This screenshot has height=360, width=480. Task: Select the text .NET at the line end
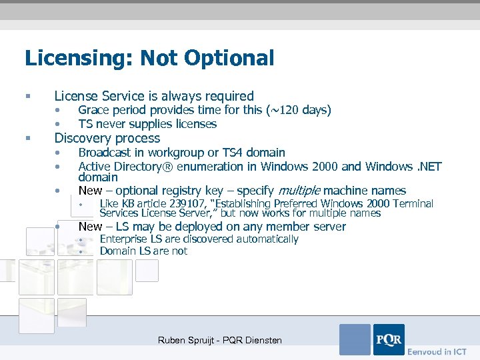[x=427, y=166]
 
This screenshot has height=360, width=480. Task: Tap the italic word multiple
[x=298, y=191]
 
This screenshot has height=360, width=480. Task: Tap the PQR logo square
[x=389, y=339]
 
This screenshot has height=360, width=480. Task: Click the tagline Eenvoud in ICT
[x=437, y=351]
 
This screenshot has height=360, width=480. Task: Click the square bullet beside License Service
[x=27, y=97]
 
